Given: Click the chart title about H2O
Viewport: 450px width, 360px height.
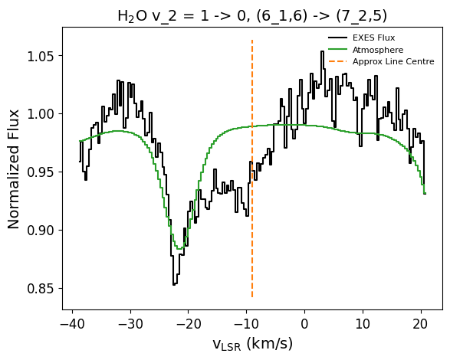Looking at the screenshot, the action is click(x=252, y=16).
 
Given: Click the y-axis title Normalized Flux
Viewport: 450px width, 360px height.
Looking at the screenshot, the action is click(x=13, y=169).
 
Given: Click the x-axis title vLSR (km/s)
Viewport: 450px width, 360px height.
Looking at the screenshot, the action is click(x=252, y=344).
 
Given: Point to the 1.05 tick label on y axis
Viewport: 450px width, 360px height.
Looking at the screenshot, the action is click(x=41, y=56).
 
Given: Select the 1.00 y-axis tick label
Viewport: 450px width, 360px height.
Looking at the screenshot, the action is click(x=41, y=114).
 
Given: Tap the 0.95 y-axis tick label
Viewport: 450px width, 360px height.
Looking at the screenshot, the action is click(x=41, y=172).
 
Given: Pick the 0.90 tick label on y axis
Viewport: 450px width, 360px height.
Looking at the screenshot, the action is click(x=41, y=231).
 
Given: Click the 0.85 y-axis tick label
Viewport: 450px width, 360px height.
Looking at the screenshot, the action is click(x=41, y=289).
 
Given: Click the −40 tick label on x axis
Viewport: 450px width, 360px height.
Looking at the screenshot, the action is click(x=73, y=324).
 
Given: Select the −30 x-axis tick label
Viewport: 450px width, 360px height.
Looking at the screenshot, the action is click(x=130, y=324).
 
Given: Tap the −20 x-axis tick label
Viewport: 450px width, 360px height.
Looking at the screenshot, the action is click(x=189, y=324).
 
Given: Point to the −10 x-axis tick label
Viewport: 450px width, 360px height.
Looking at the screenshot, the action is click(x=247, y=324).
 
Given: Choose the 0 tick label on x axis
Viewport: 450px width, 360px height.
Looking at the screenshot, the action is click(x=304, y=324).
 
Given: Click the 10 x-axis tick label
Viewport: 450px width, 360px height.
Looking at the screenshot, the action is click(x=363, y=324).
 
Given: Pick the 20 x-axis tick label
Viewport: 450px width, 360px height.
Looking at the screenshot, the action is click(x=421, y=324).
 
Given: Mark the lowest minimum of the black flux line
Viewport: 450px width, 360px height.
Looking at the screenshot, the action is click(x=174, y=285).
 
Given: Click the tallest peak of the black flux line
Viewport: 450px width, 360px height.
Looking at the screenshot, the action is click(x=322, y=51).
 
